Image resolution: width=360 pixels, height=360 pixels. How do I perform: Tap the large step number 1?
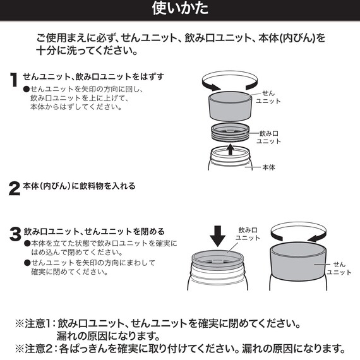(x=14, y=80)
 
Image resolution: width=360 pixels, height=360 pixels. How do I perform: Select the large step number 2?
(x=14, y=188)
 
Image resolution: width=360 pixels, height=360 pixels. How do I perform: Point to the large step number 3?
(x=15, y=234)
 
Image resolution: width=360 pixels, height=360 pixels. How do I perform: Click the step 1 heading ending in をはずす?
(x=93, y=76)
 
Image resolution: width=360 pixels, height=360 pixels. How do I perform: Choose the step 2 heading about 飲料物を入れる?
(x=79, y=186)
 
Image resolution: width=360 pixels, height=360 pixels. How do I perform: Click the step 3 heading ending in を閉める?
(x=94, y=231)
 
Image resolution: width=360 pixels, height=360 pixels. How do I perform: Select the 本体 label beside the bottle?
(x=268, y=167)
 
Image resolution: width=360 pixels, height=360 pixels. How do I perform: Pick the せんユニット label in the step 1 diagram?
(x=268, y=97)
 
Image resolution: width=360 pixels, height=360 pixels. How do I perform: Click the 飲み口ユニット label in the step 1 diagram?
(x=270, y=137)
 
